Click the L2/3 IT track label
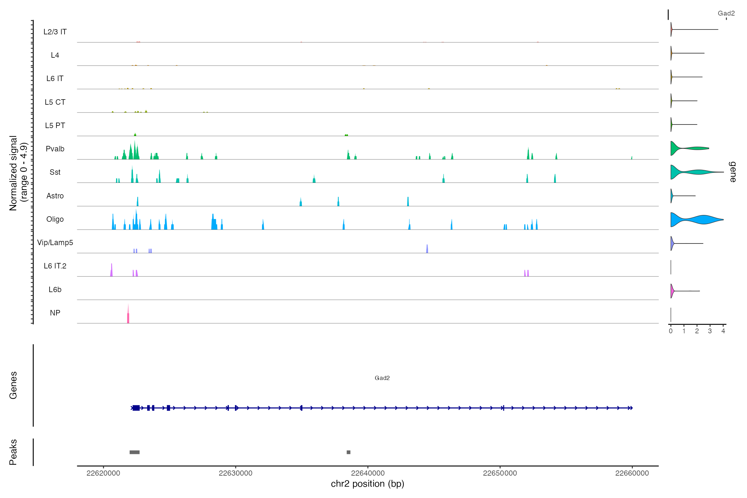pyautogui.click(x=55, y=32)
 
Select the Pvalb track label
pyautogui.click(x=55, y=149)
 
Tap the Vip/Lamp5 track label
pyautogui.click(x=55, y=243)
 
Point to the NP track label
pyautogui.click(x=55, y=313)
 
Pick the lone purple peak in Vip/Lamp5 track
pyautogui.click(x=427, y=249)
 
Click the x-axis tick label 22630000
pyautogui.click(x=235, y=473)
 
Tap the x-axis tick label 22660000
pyautogui.click(x=632, y=473)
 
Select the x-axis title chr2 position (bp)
pyautogui.click(x=367, y=484)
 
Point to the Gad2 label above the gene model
pyautogui.click(x=382, y=378)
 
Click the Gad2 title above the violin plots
pyautogui.click(x=726, y=13)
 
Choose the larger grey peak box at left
pyautogui.click(x=135, y=452)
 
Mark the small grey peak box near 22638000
pyautogui.click(x=349, y=452)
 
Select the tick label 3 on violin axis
pyautogui.click(x=710, y=331)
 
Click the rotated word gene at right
pyautogui.click(x=733, y=172)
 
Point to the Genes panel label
pyautogui.click(x=13, y=385)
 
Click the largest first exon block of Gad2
pyautogui.click(x=136, y=408)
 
